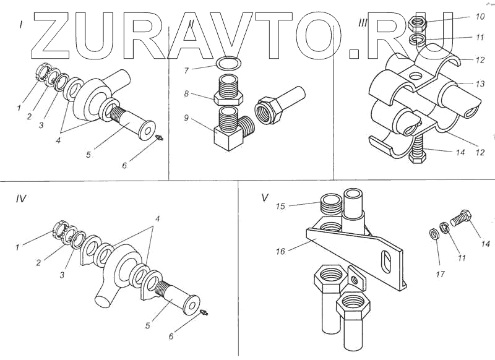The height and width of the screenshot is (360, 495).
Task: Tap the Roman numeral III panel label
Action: coord(364,23)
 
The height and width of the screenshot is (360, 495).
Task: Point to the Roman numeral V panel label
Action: coord(265,198)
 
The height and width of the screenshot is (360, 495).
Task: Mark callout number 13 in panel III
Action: coord(480,84)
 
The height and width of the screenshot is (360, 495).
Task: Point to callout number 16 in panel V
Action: coord(280,251)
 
